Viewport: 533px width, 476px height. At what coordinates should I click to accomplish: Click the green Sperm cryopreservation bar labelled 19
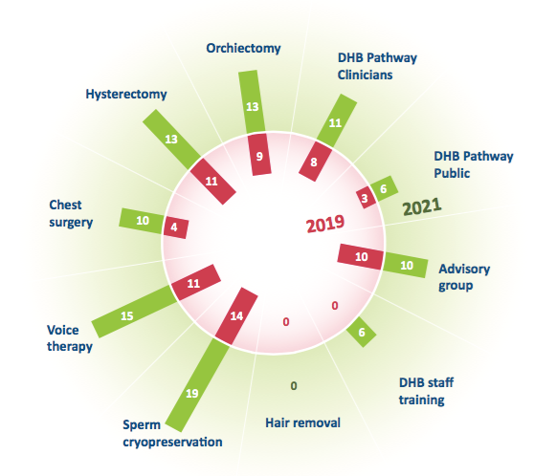coord(198,384)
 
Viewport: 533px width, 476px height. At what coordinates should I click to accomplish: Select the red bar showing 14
coord(236,316)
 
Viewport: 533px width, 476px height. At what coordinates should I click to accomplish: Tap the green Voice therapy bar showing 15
coord(135,312)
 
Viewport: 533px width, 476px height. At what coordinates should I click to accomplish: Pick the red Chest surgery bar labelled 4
coord(176,227)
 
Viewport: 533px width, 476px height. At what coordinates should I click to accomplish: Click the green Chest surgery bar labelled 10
coord(142,221)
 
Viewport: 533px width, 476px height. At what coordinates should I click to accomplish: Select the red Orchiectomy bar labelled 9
coord(259,155)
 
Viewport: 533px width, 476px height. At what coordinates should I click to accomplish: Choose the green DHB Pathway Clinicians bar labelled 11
coord(337,120)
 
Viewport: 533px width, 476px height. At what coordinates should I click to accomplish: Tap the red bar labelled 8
coord(315,162)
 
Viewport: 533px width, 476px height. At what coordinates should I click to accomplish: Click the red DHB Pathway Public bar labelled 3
coord(366,197)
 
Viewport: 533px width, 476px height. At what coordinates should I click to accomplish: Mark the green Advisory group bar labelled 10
coord(405,265)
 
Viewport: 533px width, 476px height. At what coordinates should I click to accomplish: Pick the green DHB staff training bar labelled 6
coord(362,332)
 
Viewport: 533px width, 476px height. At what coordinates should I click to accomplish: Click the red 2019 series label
coord(325,224)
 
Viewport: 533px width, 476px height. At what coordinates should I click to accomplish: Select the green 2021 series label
coord(422,206)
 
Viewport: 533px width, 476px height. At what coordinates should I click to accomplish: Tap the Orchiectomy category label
coord(243,48)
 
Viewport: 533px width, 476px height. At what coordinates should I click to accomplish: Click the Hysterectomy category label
coord(126,94)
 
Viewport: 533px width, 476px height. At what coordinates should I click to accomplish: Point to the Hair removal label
coord(302,422)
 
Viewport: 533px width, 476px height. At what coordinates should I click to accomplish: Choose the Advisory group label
coord(464,277)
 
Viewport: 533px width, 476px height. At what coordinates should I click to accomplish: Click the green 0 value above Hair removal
coord(294,386)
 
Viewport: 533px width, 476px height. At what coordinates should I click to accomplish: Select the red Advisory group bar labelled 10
coord(361,257)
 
